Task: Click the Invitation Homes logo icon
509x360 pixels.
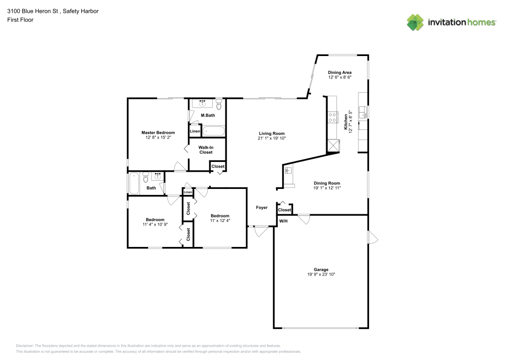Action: click(416, 22)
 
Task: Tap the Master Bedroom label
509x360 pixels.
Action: click(158, 132)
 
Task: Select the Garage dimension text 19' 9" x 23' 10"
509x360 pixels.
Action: click(321, 274)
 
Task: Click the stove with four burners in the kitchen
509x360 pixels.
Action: click(332, 117)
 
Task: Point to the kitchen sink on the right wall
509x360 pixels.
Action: click(363, 113)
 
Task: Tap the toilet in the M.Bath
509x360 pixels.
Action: click(219, 105)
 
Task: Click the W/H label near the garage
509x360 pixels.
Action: click(284, 221)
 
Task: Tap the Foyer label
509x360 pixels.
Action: click(262, 208)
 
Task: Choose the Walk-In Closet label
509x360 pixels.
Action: click(206, 150)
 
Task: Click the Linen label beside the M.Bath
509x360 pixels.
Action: click(195, 131)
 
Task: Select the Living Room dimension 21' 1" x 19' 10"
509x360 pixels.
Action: click(271, 138)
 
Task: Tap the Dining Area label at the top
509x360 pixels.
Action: click(340, 72)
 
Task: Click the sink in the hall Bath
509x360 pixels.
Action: click(157, 177)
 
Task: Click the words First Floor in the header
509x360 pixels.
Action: click(20, 20)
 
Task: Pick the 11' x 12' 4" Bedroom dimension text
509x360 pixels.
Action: click(220, 220)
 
